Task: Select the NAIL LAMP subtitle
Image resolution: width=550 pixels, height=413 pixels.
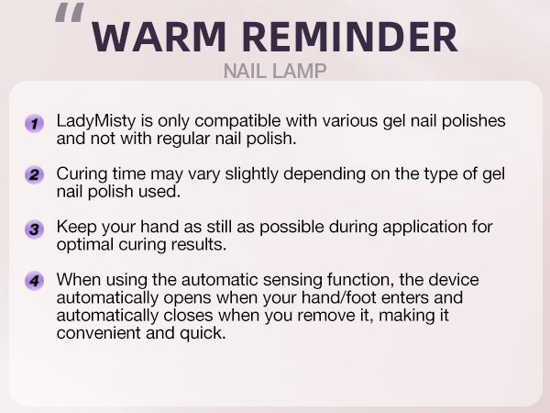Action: pyautogui.click(x=275, y=71)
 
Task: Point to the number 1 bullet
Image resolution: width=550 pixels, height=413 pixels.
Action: pyautogui.click(x=35, y=124)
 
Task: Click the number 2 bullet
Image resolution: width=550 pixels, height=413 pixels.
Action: pyautogui.click(x=35, y=175)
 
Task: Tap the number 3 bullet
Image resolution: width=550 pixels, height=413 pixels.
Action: pyautogui.click(x=35, y=228)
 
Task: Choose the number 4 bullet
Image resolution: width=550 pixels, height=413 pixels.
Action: pyautogui.click(x=35, y=280)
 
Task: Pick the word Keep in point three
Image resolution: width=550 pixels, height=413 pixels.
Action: pyautogui.click(x=75, y=226)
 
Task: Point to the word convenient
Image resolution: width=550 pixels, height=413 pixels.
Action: pyautogui.click(x=98, y=333)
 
